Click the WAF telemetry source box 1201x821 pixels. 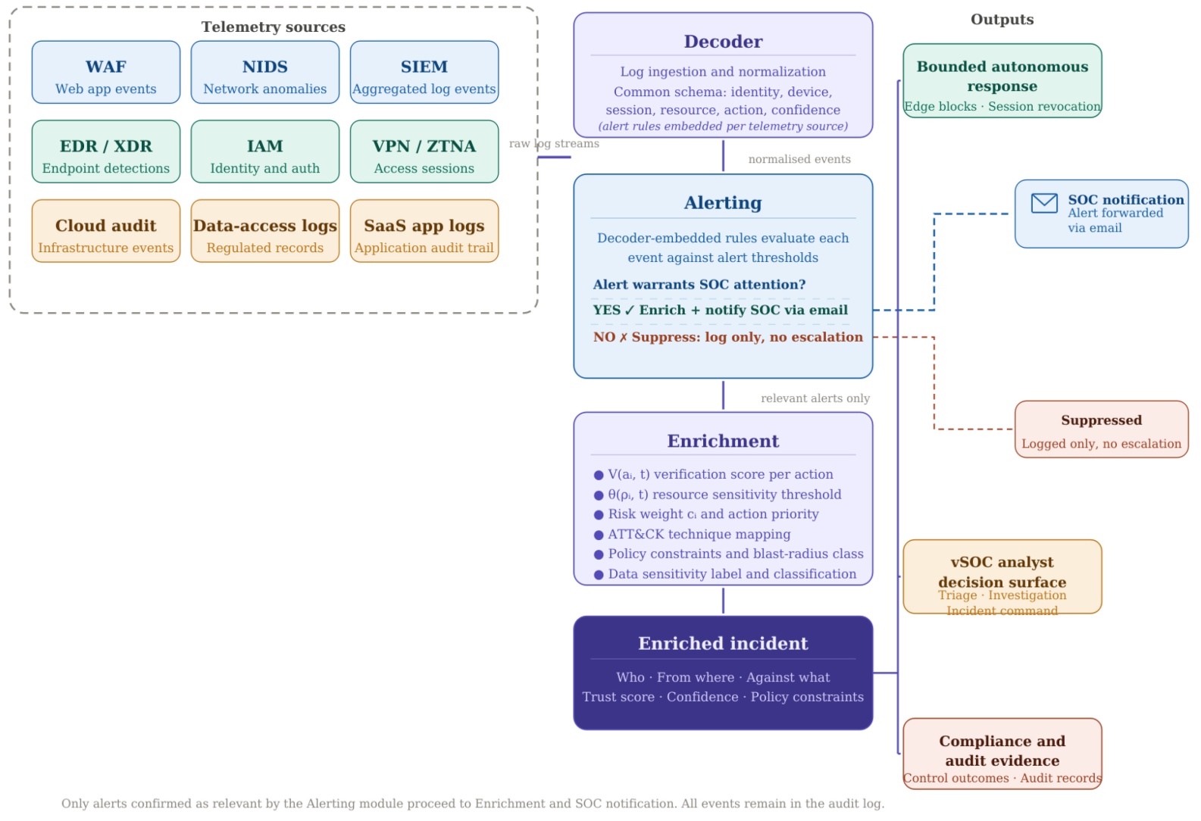pyautogui.click(x=105, y=73)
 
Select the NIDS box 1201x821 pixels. pyautogui.click(x=265, y=73)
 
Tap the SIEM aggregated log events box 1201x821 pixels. pyautogui.click(x=424, y=73)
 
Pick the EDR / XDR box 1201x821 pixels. pyautogui.click(x=105, y=151)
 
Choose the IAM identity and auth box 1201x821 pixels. pyautogui.click(x=265, y=151)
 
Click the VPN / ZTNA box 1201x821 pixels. pyautogui.click(x=424, y=151)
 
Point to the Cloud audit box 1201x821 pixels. pyautogui.click(x=105, y=231)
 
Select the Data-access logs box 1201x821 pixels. pyautogui.click(x=265, y=231)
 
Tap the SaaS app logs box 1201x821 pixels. pyautogui.click(x=424, y=231)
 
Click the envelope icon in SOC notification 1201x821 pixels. pyautogui.click(x=1044, y=203)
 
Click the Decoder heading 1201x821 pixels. pyautogui.click(x=723, y=41)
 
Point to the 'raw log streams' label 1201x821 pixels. pyautogui.click(x=554, y=144)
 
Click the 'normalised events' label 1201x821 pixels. pyautogui.click(x=799, y=159)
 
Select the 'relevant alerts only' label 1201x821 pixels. pyautogui.click(x=815, y=398)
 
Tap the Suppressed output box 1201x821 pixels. pyautogui.click(x=1101, y=429)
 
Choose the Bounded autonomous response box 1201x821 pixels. pyautogui.click(x=1002, y=81)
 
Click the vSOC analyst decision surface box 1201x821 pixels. pyautogui.click(x=1002, y=576)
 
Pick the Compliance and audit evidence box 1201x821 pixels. pyautogui.click(x=1002, y=754)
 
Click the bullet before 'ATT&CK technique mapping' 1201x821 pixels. pyautogui.click(x=599, y=535)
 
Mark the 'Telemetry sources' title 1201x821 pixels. pyautogui.click(x=274, y=27)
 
